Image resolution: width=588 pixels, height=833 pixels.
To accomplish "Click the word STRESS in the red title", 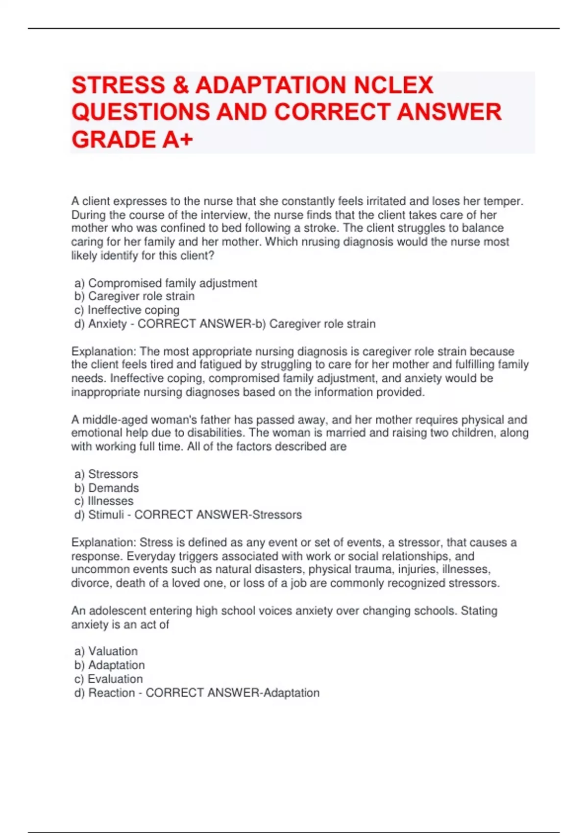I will click(118, 85).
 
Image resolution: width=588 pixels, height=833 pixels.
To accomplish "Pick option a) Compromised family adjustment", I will click(166, 283).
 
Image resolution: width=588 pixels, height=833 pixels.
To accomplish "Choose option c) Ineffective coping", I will click(127, 310).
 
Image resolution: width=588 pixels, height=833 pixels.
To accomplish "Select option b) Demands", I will click(107, 488).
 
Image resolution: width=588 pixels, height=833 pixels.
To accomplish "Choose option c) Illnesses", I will click(104, 501).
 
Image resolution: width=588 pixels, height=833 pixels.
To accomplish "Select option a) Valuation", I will click(106, 651).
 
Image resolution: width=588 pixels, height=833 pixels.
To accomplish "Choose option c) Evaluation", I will click(109, 679).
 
